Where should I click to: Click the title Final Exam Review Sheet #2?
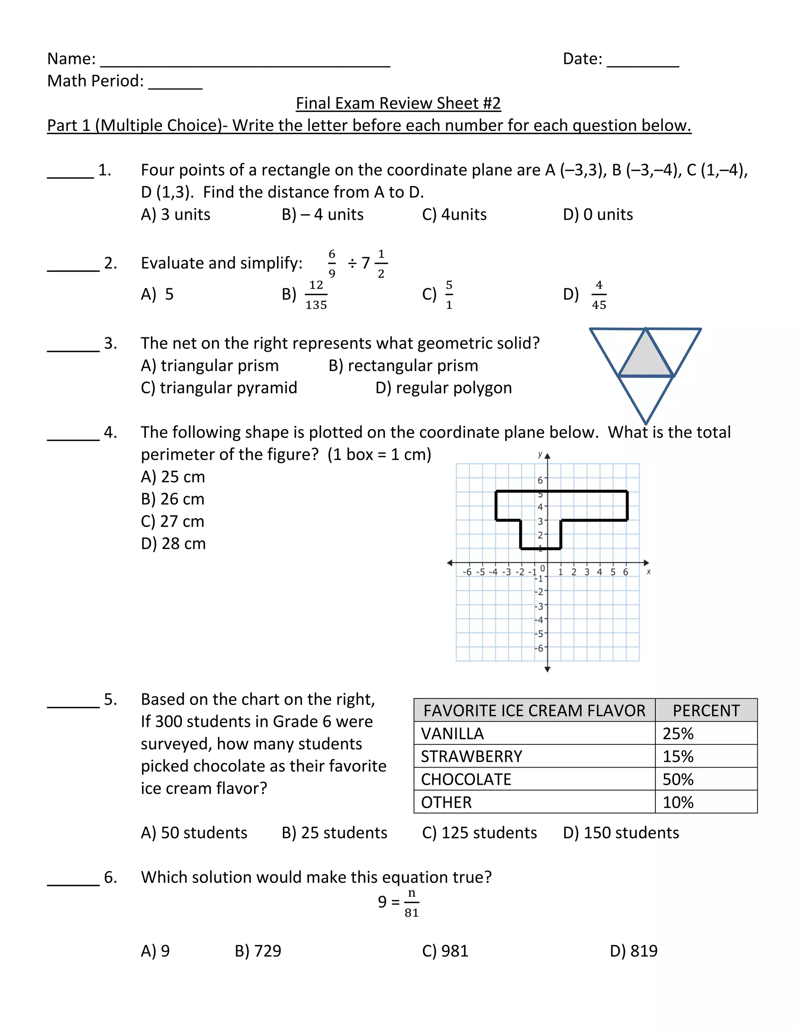click(398, 103)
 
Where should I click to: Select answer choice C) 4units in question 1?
click(454, 214)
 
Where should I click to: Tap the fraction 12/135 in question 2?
click(316, 295)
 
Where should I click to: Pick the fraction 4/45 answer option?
click(599, 295)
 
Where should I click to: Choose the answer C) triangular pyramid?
click(219, 388)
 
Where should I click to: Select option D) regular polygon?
click(443, 388)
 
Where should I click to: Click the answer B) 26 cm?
click(172, 499)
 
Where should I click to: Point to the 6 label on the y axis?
click(540, 480)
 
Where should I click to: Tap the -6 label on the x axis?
click(467, 572)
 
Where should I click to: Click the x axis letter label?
click(648, 572)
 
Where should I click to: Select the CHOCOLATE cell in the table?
click(466, 779)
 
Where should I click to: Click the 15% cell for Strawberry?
click(678, 756)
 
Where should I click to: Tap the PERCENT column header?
click(706, 710)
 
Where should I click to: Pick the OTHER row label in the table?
click(446, 803)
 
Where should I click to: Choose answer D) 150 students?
click(621, 833)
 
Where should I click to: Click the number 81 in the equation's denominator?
click(412, 912)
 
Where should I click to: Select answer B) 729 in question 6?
click(258, 951)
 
